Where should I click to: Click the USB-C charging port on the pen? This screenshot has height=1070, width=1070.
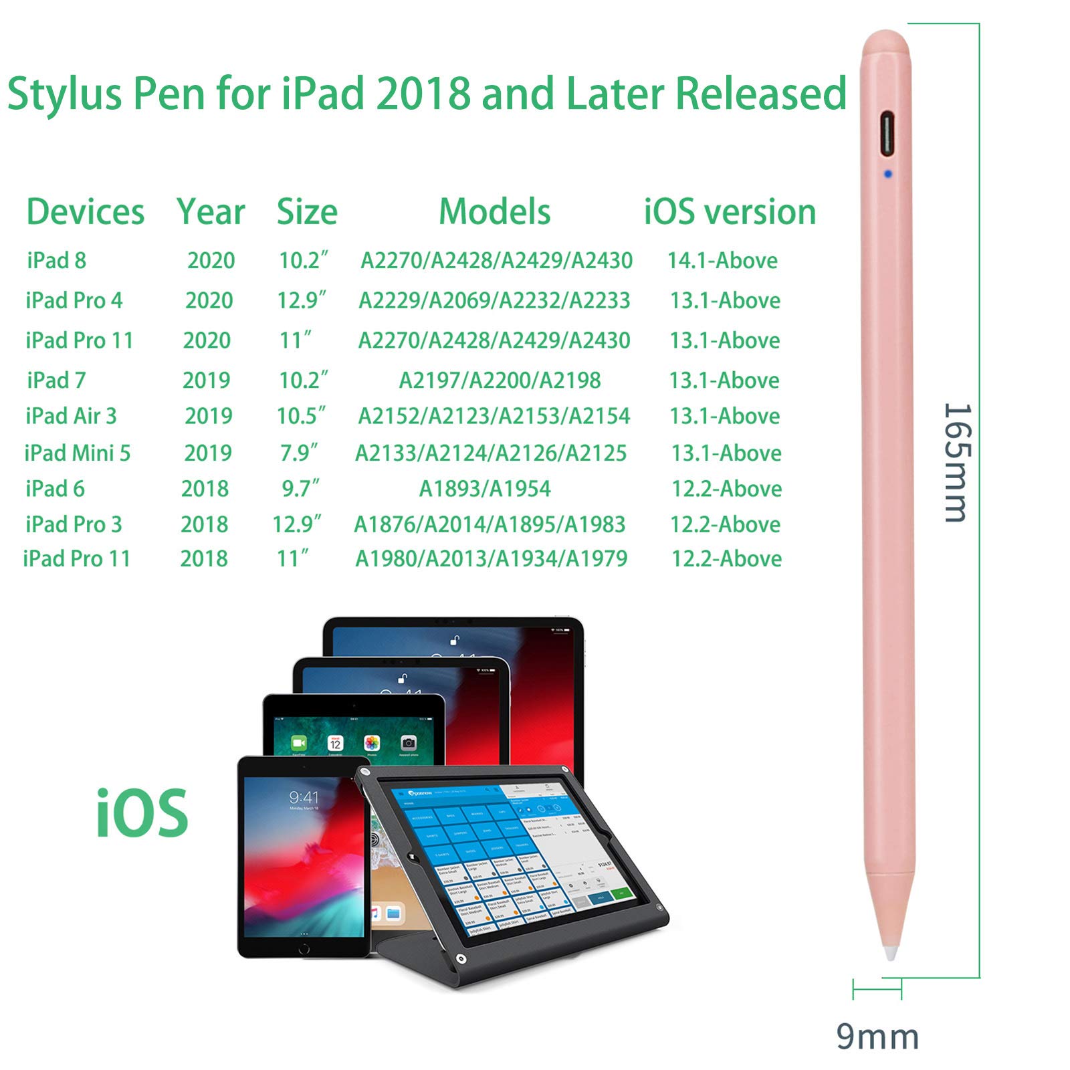click(x=887, y=132)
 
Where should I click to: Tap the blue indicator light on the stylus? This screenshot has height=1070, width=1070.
click(x=887, y=174)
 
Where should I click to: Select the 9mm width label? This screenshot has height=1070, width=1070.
click(x=877, y=1037)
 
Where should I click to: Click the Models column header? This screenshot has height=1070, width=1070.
click(x=494, y=212)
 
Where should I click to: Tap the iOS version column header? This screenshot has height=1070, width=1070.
click(x=730, y=212)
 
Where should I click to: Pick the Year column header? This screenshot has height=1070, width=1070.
click(x=211, y=212)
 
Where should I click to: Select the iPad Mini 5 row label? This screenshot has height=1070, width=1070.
click(x=78, y=453)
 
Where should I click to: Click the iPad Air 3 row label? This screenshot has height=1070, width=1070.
click(x=71, y=416)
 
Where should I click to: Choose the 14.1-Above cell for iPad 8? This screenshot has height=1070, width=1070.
click(x=722, y=260)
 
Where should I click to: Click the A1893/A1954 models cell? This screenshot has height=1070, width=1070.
click(x=485, y=489)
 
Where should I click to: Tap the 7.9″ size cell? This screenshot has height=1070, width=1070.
click(x=299, y=453)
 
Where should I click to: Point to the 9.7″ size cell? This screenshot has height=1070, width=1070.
click(x=300, y=489)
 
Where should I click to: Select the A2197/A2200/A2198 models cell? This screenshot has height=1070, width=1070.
click(x=500, y=381)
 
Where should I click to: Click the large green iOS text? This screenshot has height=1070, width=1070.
click(x=142, y=813)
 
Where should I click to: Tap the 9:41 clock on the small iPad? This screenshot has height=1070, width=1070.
click(x=304, y=797)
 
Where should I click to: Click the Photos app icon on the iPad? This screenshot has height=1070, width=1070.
click(x=372, y=743)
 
